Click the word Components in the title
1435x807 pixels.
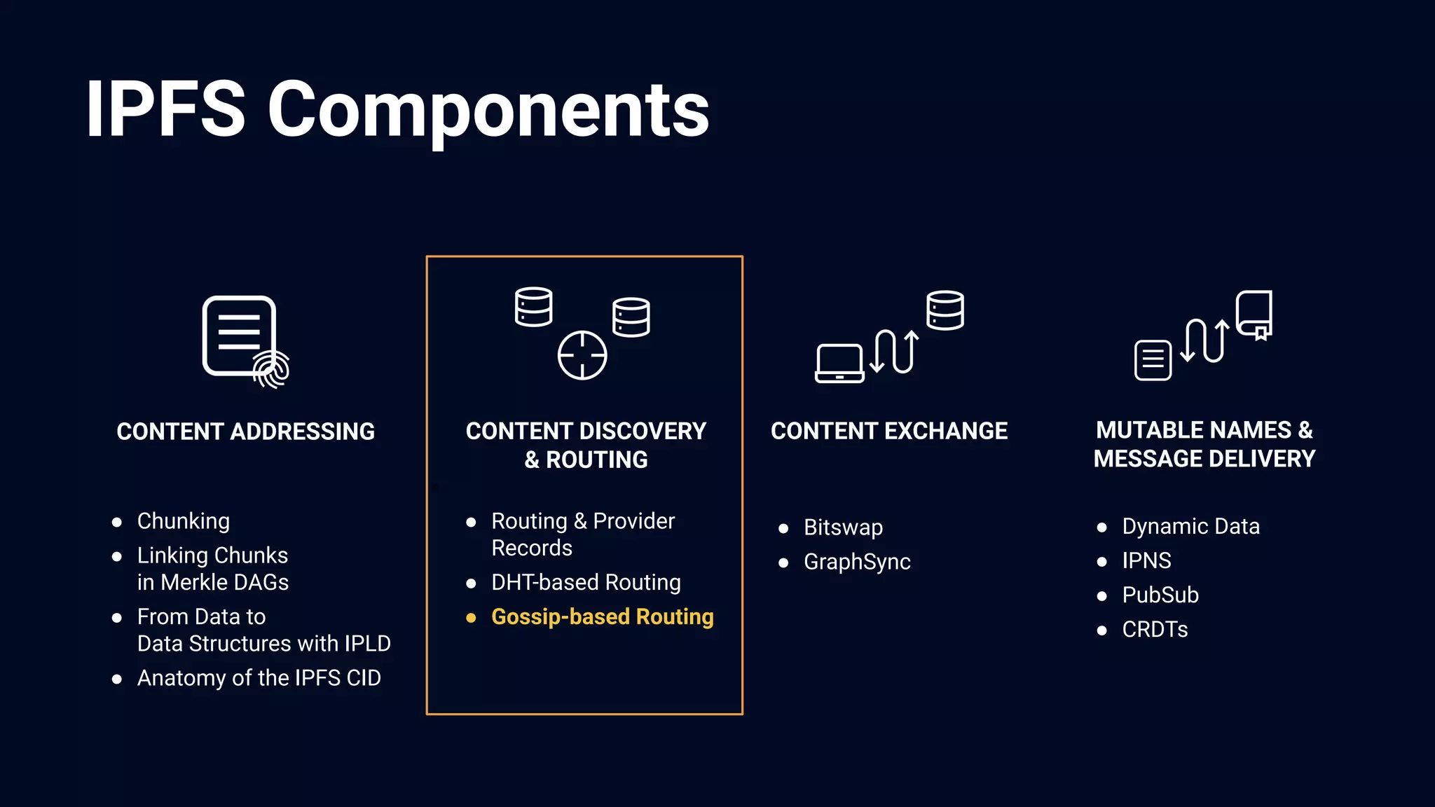488,110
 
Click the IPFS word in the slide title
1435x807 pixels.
165,110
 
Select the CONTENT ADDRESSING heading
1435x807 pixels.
245,432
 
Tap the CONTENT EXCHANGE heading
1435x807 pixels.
889,431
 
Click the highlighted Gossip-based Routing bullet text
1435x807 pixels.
602,616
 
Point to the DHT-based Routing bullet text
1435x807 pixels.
586,582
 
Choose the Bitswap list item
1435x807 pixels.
843,527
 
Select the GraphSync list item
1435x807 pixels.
857,561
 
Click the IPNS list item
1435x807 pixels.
1146,560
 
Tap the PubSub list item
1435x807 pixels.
1160,595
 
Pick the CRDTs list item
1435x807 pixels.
1155,629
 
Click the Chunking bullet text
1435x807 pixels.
184,521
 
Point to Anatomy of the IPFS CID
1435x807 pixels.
259,677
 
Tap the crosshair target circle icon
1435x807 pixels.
582,355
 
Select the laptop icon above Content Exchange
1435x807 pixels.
839,363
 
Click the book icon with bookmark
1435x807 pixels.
1254,315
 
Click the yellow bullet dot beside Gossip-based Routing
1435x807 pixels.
471,617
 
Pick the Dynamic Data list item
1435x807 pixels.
1190,526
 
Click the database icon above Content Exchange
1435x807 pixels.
945,310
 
